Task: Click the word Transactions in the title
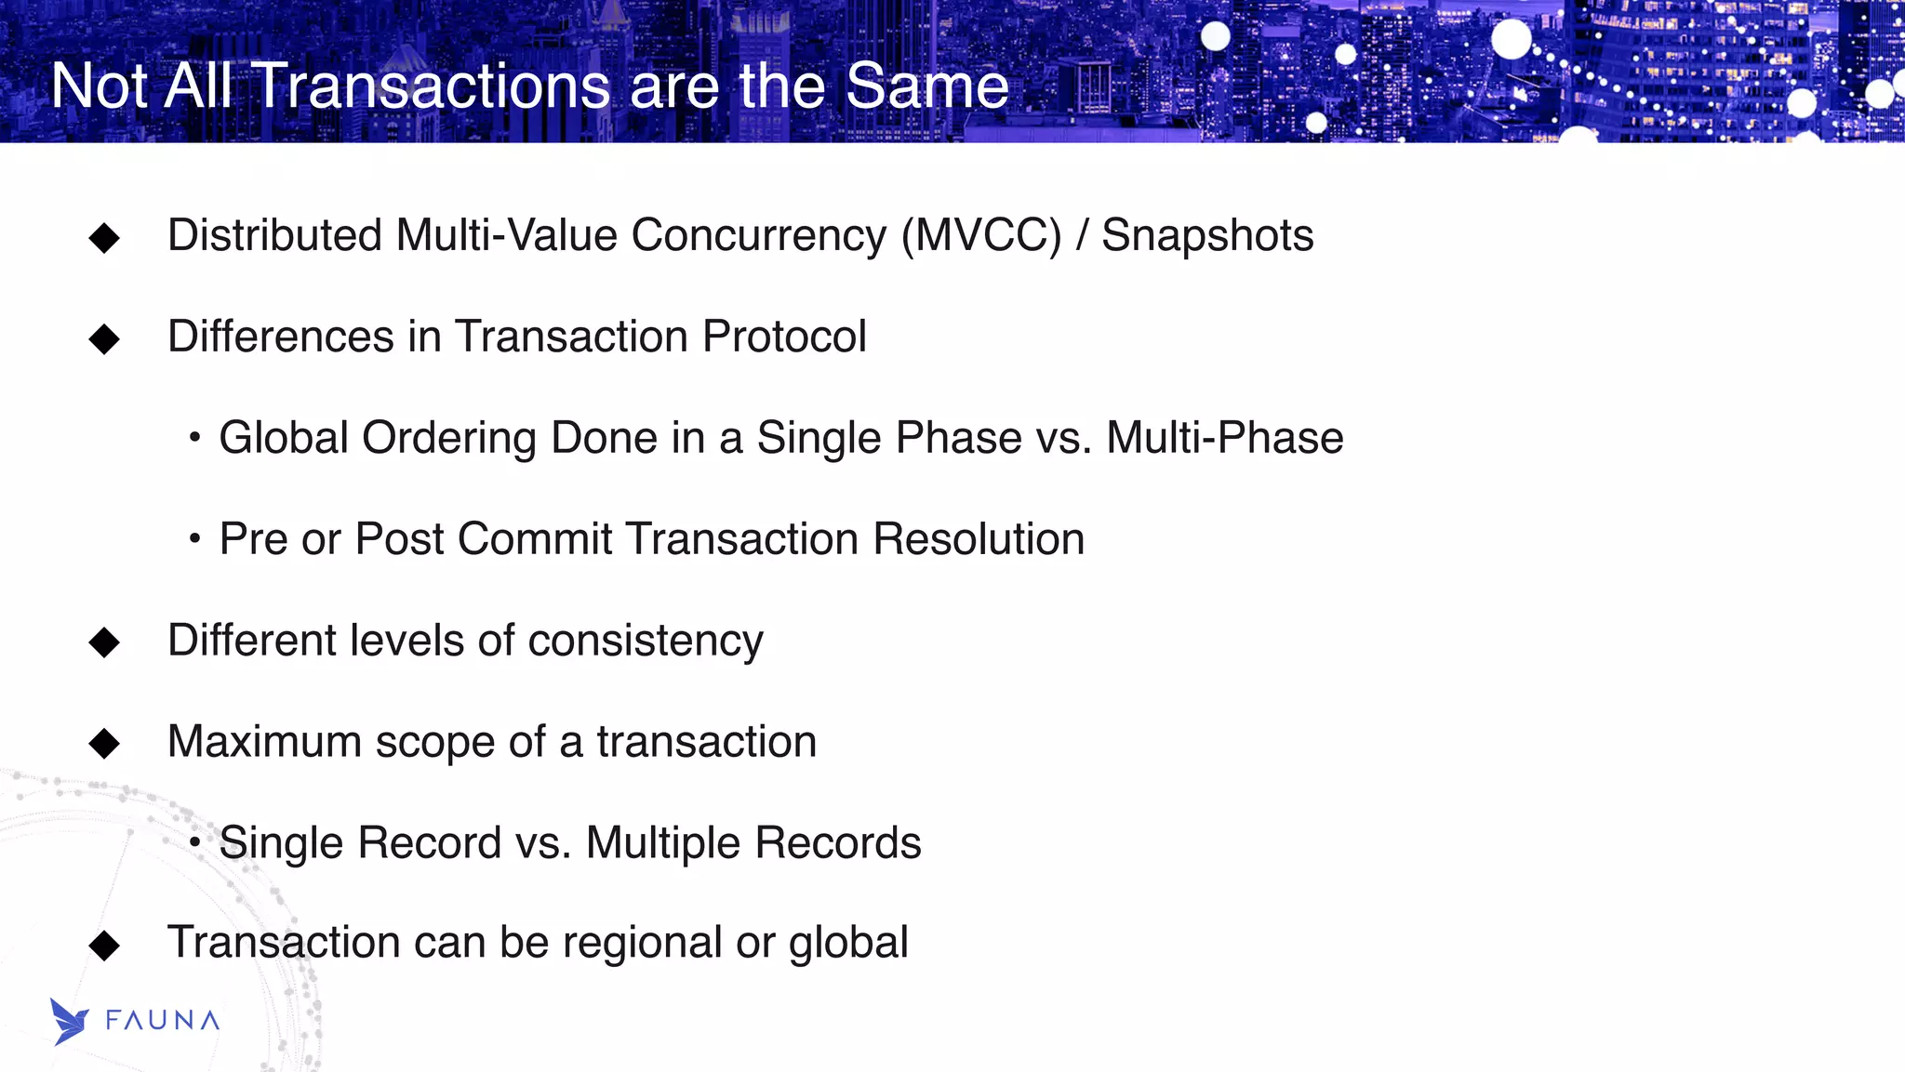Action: [x=432, y=86]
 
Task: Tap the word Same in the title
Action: [x=926, y=86]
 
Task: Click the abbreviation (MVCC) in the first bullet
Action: [x=981, y=235]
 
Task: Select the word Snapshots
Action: [x=1207, y=235]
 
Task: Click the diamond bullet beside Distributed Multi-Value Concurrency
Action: [x=104, y=238]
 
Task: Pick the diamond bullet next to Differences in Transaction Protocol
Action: [x=104, y=339]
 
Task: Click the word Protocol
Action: [x=784, y=337]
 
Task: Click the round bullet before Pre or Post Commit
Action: [x=194, y=538]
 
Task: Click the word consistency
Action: [x=646, y=642]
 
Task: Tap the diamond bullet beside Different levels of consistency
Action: [x=104, y=642]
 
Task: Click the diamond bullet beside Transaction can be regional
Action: [x=104, y=946]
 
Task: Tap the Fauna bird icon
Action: [x=69, y=1021]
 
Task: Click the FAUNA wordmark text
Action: [x=163, y=1021]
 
